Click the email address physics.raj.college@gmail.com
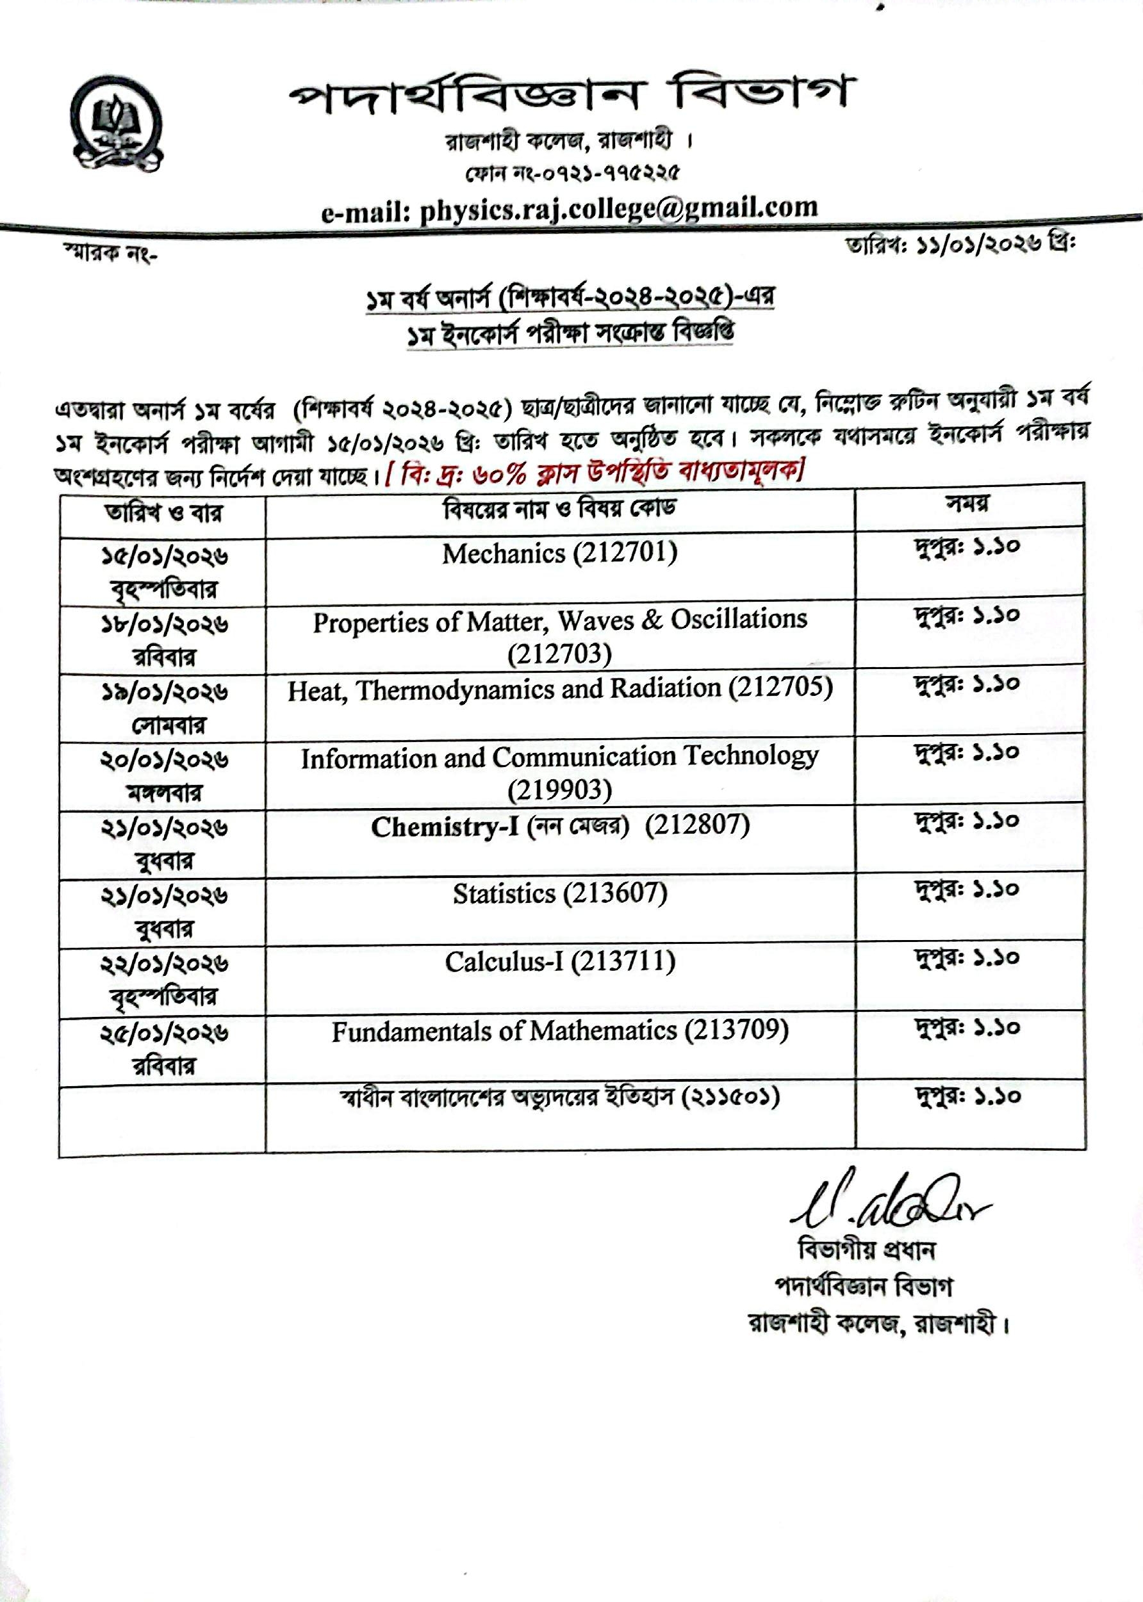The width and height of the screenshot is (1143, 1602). [x=570, y=210]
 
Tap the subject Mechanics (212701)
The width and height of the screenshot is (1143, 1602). [x=559, y=554]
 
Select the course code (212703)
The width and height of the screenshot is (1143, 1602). [x=559, y=655]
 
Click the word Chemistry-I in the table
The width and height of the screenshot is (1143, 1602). [x=445, y=827]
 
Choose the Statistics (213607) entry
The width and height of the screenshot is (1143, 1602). [x=559, y=894]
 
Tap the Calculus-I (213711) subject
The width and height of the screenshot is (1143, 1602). [x=559, y=961]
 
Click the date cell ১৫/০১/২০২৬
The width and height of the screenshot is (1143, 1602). [x=163, y=557]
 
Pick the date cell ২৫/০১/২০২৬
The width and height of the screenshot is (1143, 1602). [x=163, y=1034]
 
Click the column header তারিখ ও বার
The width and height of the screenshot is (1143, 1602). [x=163, y=513]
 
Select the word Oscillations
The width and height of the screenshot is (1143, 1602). [x=738, y=620]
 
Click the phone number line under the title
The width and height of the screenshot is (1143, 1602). [x=571, y=172]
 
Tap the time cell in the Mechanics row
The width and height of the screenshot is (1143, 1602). [x=967, y=546]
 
